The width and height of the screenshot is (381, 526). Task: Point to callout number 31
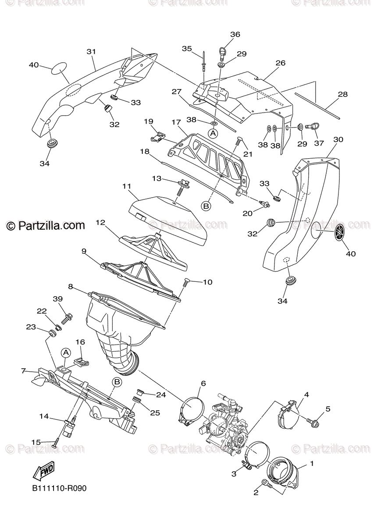(91, 52)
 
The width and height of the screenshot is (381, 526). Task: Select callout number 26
(280, 63)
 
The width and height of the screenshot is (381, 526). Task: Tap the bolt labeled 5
(314, 423)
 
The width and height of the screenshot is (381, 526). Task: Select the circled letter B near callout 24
(117, 382)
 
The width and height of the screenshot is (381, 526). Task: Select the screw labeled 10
(185, 282)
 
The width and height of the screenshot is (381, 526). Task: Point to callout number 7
(24, 371)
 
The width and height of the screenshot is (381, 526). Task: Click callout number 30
(338, 139)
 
